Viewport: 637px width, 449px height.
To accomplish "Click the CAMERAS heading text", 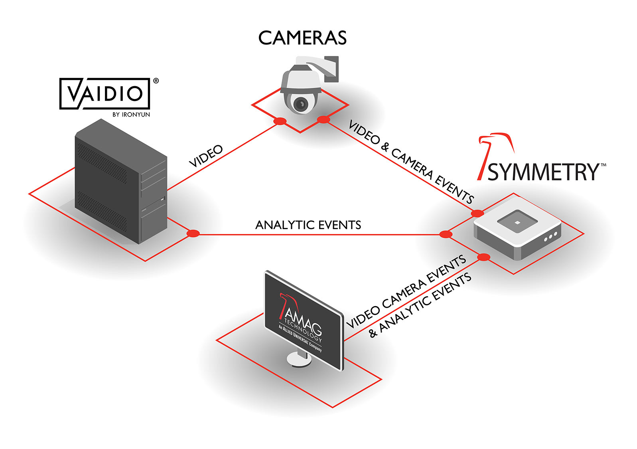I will point(302,38).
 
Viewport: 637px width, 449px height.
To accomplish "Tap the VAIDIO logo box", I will point(105,93).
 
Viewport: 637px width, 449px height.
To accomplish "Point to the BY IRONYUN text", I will point(131,115).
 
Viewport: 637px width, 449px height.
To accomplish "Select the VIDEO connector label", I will point(206,156).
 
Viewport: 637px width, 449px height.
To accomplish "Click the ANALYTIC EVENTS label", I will point(308,225).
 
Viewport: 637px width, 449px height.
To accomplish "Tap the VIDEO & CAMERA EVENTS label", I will point(411,161).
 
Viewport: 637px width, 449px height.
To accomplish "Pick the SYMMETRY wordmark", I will point(543,172).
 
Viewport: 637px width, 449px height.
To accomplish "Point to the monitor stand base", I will point(299,359).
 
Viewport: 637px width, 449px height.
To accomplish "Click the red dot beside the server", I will point(193,233).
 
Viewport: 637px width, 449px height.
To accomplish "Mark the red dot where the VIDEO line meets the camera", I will point(280,121).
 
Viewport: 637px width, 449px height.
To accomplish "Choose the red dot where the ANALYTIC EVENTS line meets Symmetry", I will point(446,234).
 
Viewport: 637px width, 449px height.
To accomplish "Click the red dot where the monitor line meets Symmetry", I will point(483,257).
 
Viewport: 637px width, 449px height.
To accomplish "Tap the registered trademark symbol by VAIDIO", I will point(156,81).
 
